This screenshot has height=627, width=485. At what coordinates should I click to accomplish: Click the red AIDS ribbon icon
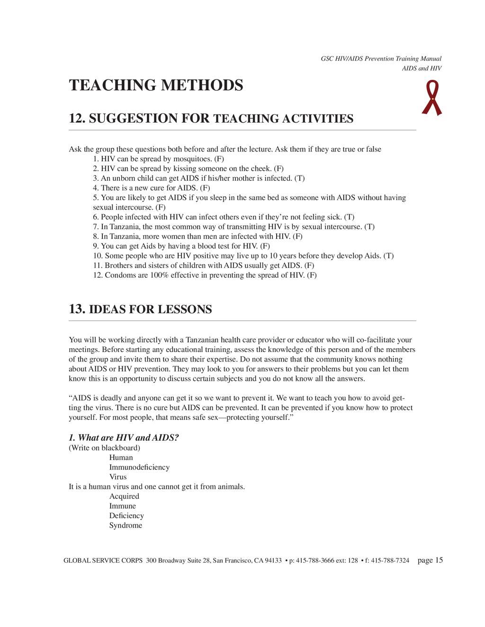click(431, 98)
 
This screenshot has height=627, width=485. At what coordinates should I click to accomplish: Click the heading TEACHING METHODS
click(156, 86)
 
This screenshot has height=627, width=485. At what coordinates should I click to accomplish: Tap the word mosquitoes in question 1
click(192, 159)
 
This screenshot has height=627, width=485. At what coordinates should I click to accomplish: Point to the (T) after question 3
click(299, 178)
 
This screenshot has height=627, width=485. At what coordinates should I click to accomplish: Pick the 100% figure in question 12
click(159, 275)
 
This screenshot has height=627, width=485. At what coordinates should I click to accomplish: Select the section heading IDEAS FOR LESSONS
click(150, 310)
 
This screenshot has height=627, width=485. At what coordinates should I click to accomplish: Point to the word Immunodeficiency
click(139, 468)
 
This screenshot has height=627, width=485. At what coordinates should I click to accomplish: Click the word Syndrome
click(126, 526)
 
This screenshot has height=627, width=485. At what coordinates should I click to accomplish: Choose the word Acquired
click(124, 496)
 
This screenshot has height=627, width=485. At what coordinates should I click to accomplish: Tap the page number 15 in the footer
click(439, 561)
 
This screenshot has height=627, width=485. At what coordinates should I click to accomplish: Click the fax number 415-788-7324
click(390, 561)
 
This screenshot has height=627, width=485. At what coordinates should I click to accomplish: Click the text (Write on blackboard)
click(104, 448)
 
